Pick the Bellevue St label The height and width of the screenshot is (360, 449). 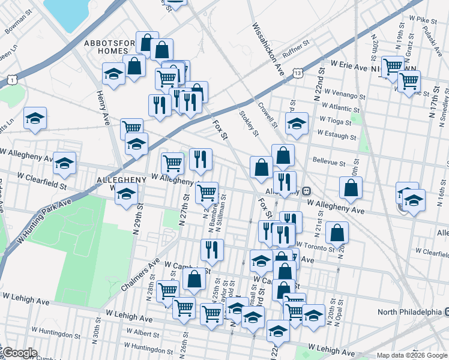pyautogui.click(x=329, y=162)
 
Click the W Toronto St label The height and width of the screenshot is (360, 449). pyautogui.click(x=315, y=246)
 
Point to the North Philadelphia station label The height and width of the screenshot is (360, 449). pyautogui.click(x=410, y=312)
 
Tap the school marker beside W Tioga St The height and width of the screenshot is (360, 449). pyautogui.click(x=297, y=124)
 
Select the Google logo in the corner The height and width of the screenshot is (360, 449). pyautogui.click(x=19, y=353)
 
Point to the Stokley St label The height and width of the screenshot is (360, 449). pyautogui.click(x=249, y=122)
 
